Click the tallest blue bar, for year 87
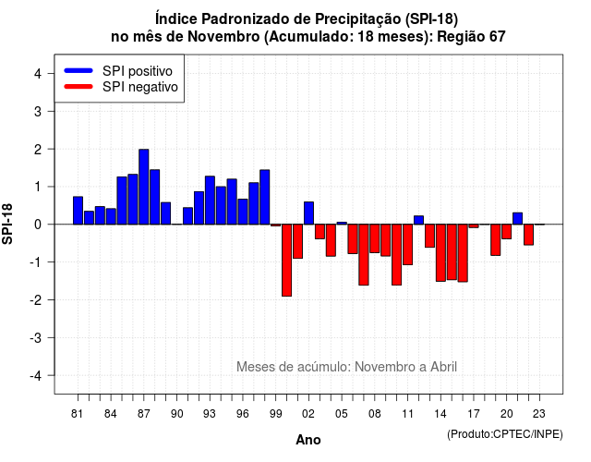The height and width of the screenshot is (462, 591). point(144,187)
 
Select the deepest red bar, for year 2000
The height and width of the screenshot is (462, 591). point(287,261)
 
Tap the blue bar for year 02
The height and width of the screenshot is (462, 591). point(308,213)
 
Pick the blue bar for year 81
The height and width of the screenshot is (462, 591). point(78,211)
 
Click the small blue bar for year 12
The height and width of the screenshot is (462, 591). point(418,220)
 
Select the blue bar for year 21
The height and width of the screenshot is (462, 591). point(517,218)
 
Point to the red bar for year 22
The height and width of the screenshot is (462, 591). point(528,235)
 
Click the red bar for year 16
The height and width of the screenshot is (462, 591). point(463,253)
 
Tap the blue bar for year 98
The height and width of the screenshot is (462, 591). point(265,197)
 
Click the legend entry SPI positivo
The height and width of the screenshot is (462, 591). point(138,71)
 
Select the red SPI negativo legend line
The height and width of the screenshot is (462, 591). point(78,87)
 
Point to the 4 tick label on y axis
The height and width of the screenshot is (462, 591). point(38,74)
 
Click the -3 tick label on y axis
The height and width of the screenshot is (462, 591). point(36,337)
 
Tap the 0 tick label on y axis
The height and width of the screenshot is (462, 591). point(38,225)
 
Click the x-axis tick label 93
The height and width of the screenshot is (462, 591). point(210,414)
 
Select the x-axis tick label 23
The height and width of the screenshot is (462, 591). point(539,414)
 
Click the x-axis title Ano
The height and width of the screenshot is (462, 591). point(308,440)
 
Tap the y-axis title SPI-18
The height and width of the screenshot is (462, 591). point(7,224)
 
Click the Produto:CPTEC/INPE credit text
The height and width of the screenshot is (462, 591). point(505,434)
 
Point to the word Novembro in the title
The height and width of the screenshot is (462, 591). point(223,37)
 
